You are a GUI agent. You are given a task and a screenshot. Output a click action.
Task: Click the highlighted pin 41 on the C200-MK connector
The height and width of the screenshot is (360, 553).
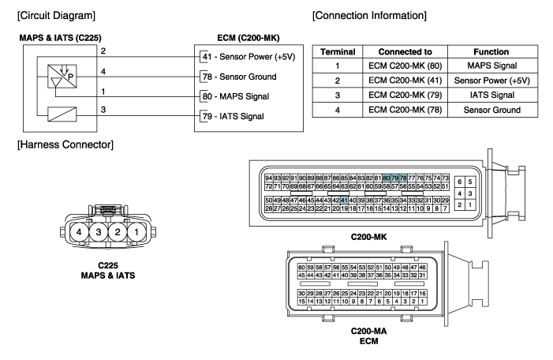344,201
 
